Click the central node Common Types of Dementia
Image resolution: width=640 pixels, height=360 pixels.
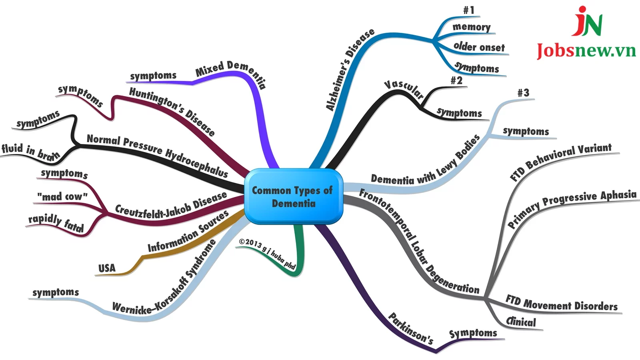point(293,196)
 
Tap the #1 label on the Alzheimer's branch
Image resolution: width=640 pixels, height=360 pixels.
point(468,10)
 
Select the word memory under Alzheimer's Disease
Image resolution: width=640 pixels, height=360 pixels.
point(472,27)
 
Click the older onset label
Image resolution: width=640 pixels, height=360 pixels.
point(479,47)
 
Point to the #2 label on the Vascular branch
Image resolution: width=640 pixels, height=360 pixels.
point(456,80)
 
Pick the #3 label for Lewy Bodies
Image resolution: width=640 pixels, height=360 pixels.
point(523,93)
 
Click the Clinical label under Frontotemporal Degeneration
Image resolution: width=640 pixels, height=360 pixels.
point(521,322)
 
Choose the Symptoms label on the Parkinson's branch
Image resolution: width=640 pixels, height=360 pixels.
point(473,333)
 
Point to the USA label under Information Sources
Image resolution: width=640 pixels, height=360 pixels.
point(107,268)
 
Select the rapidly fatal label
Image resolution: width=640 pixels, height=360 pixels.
point(56,223)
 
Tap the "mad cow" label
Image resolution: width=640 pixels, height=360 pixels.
point(62,196)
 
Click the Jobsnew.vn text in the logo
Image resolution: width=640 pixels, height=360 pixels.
point(586,51)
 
